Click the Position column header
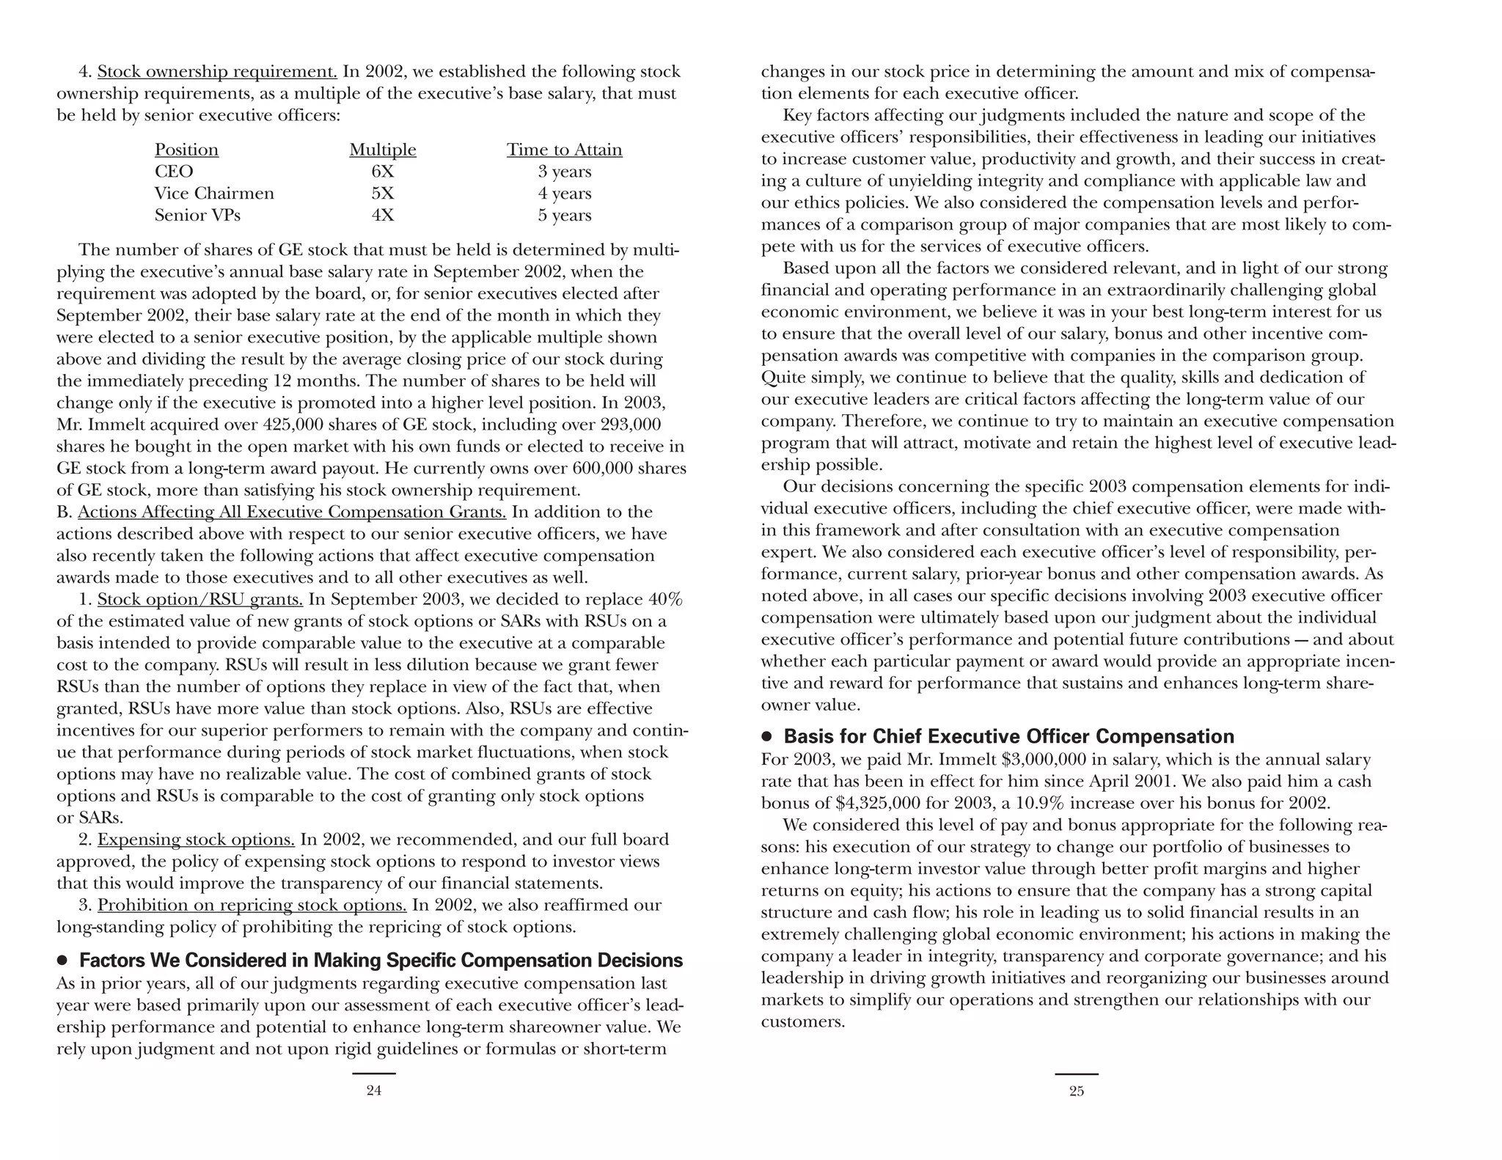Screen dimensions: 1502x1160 (186, 150)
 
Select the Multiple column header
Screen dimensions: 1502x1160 (382, 150)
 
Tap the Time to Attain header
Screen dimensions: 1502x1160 (564, 150)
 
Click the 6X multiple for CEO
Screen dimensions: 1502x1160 (382, 172)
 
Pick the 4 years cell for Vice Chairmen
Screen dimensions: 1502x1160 (564, 194)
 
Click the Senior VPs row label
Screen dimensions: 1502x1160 (197, 216)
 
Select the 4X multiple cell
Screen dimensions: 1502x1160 (382, 216)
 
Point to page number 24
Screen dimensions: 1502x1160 (373, 1091)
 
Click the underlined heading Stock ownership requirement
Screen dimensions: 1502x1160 (217, 72)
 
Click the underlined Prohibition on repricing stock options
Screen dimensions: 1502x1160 (252, 906)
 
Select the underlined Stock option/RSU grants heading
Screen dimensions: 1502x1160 (199, 600)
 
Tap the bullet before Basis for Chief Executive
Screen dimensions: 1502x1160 (767, 736)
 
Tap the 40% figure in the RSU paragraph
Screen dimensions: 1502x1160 (665, 600)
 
